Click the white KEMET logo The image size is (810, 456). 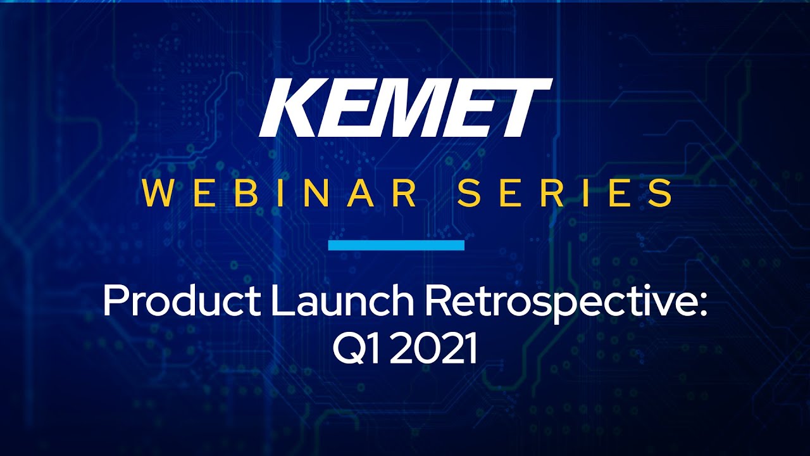tap(406, 108)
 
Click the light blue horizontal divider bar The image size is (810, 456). tap(396, 245)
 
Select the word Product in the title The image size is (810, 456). tap(182, 301)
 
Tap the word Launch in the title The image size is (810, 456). tap(343, 301)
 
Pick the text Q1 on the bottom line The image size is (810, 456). tap(357, 350)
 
